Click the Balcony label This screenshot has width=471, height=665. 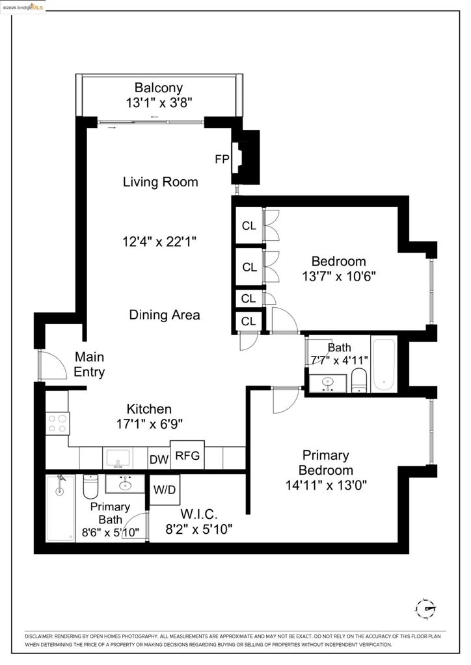click(x=159, y=88)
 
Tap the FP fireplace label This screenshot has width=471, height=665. click(x=222, y=159)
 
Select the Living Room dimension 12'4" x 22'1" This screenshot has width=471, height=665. click(x=159, y=242)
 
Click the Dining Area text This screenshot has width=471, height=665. click(x=165, y=315)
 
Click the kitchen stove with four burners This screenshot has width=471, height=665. click(x=57, y=423)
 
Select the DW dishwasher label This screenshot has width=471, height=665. click(x=159, y=460)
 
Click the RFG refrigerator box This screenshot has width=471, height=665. click(x=188, y=455)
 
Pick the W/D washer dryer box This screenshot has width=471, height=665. click(x=165, y=488)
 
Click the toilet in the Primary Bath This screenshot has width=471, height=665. click(x=90, y=486)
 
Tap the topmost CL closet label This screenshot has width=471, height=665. click(x=249, y=226)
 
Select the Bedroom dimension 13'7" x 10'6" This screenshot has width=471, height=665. click(x=339, y=275)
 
